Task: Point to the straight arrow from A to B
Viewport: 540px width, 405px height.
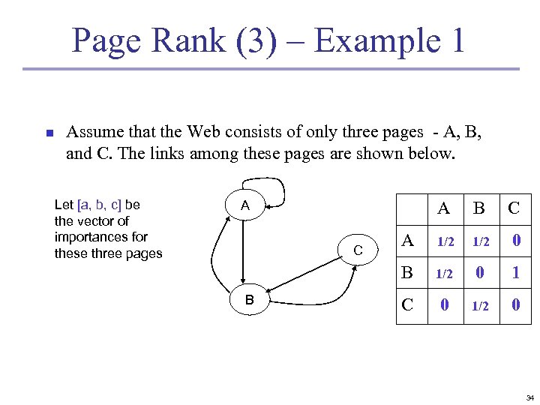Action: click(245, 255)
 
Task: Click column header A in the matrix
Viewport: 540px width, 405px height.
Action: click(444, 208)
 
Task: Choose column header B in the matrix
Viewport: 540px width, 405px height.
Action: click(479, 208)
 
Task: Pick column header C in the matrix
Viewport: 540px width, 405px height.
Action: click(514, 208)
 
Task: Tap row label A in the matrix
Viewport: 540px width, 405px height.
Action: click(408, 240)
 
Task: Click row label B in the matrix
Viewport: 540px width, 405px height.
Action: click(408, 272)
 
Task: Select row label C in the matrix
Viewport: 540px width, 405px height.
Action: click(408, 304)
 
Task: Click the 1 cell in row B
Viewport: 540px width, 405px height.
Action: click(514, 273)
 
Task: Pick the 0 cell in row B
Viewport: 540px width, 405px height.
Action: click(479, 273)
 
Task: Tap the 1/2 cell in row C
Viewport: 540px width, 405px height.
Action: click(479, 306)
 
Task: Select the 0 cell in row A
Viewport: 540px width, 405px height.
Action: click(514, 241)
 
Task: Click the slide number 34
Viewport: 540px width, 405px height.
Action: click(529, 397)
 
